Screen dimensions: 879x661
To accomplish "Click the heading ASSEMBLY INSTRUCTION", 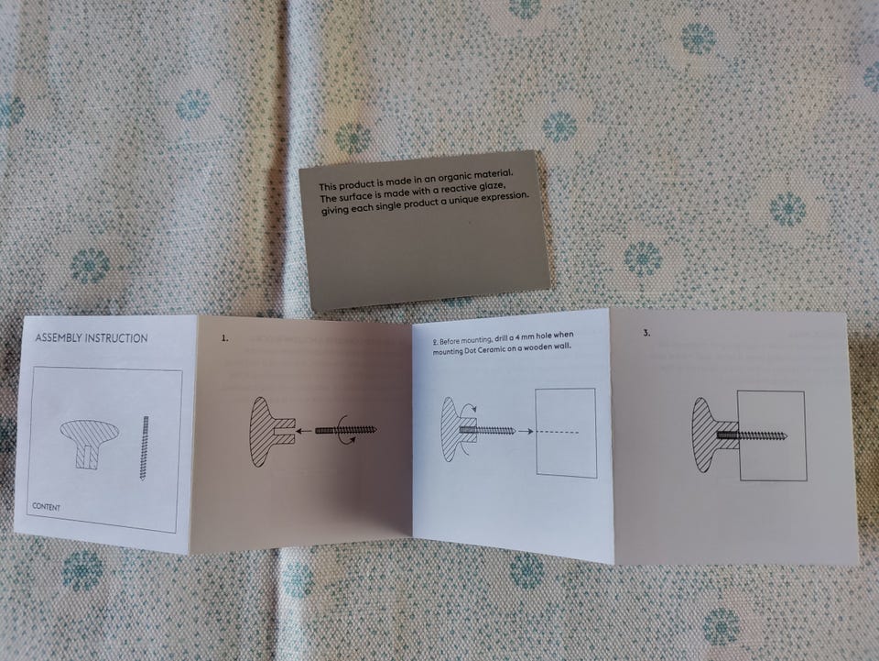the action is pos(92,337).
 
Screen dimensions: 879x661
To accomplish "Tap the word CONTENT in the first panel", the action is pos(46,507).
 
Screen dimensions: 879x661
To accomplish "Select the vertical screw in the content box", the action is pos(146,447).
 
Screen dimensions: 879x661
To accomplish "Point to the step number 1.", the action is pos(224,338).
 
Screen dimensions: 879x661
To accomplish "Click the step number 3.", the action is pos(646,333).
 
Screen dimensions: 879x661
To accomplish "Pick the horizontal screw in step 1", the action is pos(346,430).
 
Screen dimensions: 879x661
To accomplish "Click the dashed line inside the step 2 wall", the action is pos(558,432).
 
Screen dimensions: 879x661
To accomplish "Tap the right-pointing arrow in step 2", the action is pos(526,431).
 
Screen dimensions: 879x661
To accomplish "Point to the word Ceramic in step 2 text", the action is pos(492,350).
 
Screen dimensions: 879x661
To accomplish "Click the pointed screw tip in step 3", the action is pos(787,436).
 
